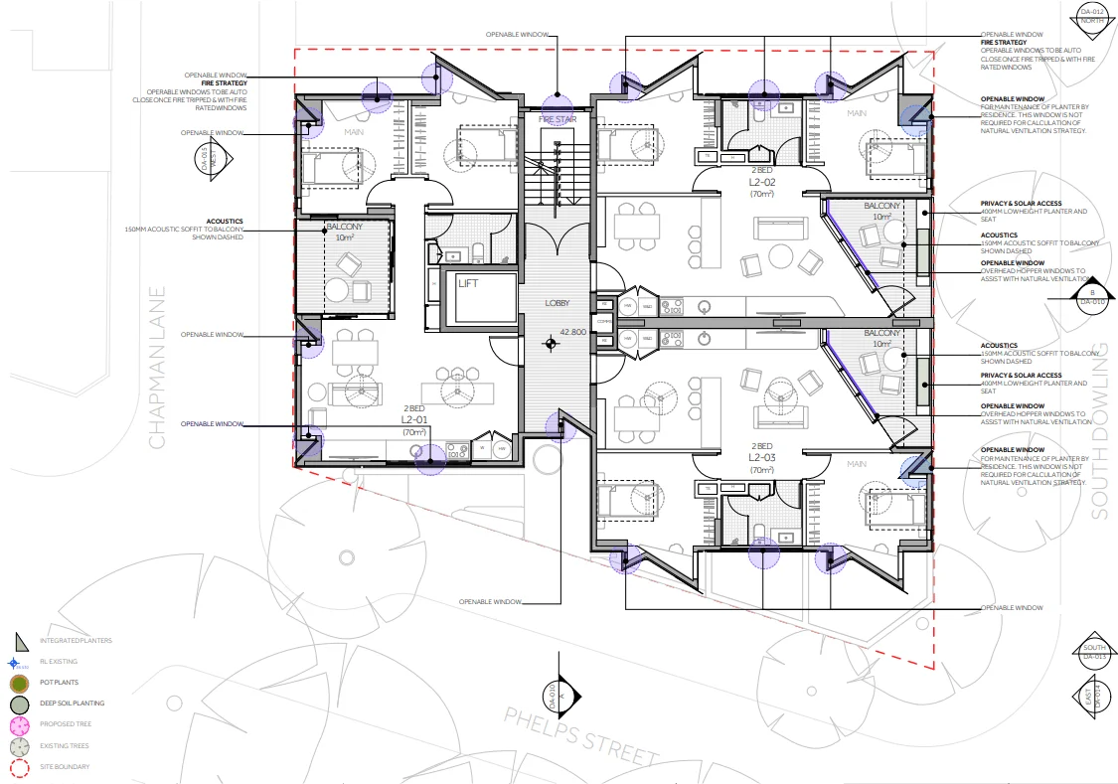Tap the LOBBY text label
(x=557, y=303)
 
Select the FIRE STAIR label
(x=558, y=119)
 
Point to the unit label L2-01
(x=413, y=420)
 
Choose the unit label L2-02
(x=762, y=183)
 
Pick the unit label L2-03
(x=762, y=457)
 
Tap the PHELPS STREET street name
(x=581, y=737)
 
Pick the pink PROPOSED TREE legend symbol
(x=19, y=724)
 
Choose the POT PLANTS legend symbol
(x=19, y=683)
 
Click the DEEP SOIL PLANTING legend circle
(x=19, y=704)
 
